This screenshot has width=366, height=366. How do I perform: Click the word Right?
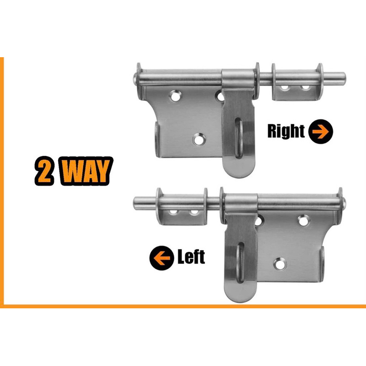click(286, 132)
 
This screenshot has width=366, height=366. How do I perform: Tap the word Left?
click(191, 258)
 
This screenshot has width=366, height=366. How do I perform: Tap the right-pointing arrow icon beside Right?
click(320, 132)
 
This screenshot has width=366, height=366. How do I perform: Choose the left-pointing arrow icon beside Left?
click(160, 258)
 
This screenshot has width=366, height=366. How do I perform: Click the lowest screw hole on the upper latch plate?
click(199, 139)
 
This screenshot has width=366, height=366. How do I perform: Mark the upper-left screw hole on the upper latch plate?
click(175, 96)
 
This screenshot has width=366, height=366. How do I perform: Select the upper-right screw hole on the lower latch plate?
click(302, 221)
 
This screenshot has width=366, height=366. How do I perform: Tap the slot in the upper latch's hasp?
click(238, 138)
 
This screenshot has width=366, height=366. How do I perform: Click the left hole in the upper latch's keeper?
click(285, 86)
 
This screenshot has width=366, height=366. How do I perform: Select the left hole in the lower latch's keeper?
click(174, 212)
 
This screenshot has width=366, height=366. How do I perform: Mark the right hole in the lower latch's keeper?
click(194, 212)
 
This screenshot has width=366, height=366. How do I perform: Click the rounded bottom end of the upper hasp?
click(238, 169)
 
